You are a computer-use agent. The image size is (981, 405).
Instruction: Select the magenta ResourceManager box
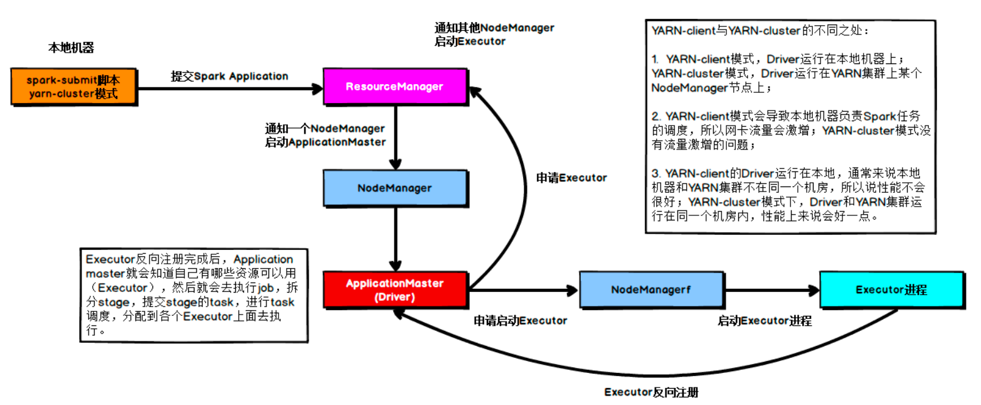coord(395,86)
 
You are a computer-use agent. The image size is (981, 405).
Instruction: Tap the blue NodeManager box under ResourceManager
coord(395,188)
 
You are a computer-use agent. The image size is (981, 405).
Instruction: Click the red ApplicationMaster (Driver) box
coord(395,290)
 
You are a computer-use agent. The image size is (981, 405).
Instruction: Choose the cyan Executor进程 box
coord(891,289)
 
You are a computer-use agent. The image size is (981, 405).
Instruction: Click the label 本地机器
coord(72,48)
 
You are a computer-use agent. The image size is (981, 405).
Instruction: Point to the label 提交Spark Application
coord(230,76)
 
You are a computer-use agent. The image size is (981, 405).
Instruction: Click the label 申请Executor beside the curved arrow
coord(571,178)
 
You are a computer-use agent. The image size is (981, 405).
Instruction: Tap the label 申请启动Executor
coord(520,320)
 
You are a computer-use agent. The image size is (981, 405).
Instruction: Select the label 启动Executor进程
coord(765,321)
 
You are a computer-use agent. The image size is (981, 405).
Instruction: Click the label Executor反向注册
coord(651,392)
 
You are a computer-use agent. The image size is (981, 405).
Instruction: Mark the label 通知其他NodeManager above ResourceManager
coord(494,29)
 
